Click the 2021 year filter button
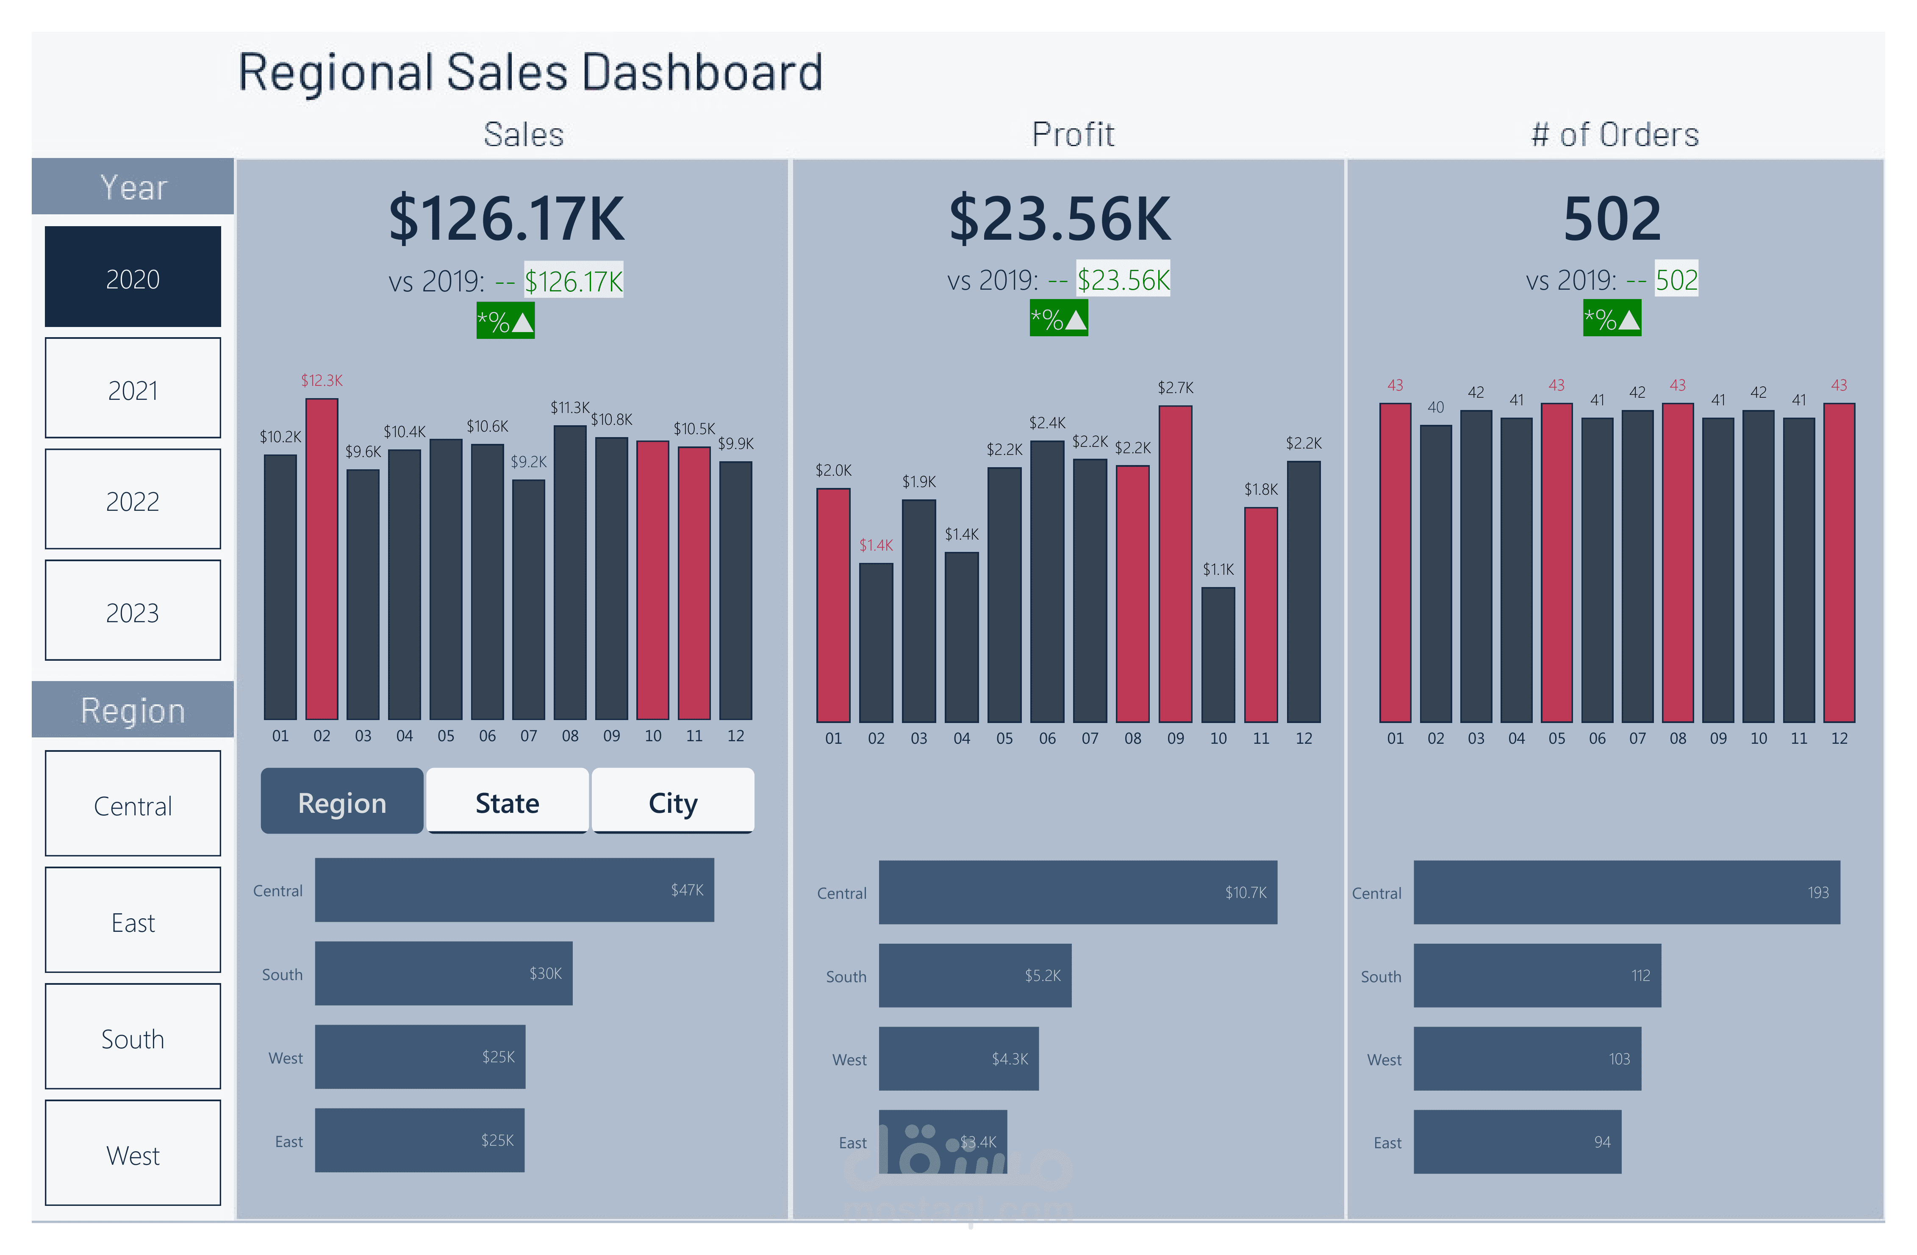133,388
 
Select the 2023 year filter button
133,611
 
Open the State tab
508,801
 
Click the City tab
673,801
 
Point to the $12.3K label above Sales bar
322,380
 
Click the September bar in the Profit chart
1175,564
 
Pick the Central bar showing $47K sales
514,890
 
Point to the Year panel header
133,187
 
